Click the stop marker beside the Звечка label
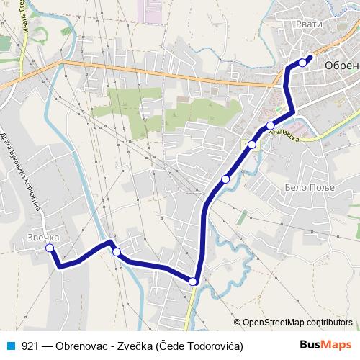[50, 248]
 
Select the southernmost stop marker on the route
[193, 282]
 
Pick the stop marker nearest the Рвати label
[302, 63]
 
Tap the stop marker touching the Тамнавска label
[270, 126]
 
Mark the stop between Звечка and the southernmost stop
[116, 252]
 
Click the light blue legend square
[10, 346]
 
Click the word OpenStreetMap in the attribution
[273, 322]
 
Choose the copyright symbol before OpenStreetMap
[237, 322]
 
